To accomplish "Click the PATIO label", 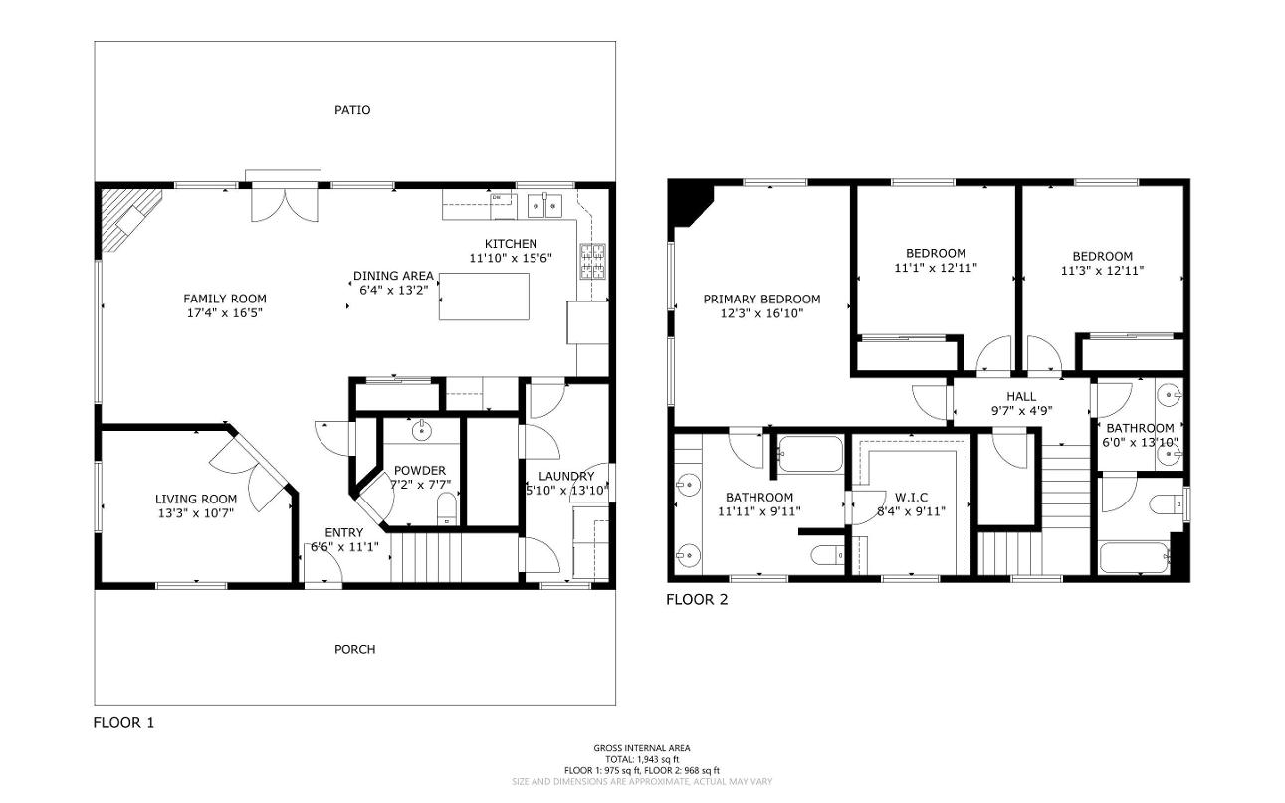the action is pyautogui.click(x=352, y=110).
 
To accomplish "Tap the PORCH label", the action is pyautogui.click(x=354, y=650).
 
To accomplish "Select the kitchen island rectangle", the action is pyautogui.click(x=484, y=297).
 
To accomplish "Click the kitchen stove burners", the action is pyautogui.click(x=592, y=261).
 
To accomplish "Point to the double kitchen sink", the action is pyautogui.click(x=544, y=205).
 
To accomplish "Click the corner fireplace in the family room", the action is pyautogui.click(x=131, y=219).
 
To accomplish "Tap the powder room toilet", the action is pyautogui.click(x=447, y=508).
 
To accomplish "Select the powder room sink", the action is pyautogui.click(x=422, y=430).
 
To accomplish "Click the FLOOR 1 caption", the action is pyautogui.click(x=123, y=723).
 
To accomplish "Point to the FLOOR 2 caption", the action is pyautogui.click(x=697, y=600).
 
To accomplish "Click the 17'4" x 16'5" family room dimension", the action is pyautogui.click(x=224, y=313).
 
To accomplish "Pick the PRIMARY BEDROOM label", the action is pyautogui.click(x=761, y=300).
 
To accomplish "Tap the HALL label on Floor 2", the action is pyautogui.click(x=1021, y=396).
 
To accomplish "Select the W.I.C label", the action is pyautogui.click(x=911, y=498).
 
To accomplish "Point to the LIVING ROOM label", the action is pyautogui.click(x=196, y=499).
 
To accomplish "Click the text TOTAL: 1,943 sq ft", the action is pyautogui.click(x=642, y=759).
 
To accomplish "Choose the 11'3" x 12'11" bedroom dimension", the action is pyautogui.click(x=1102, y=271).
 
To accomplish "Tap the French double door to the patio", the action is pyautogui.click(x=285, y=204).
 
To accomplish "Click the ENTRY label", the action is pyautogui.click(x=344, y=533).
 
